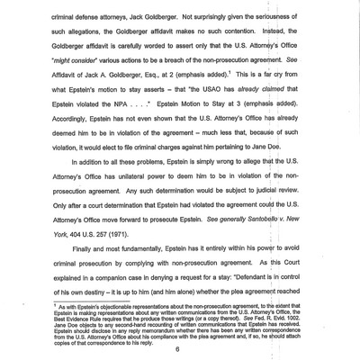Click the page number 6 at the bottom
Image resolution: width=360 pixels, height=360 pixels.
click(x=178, y=350)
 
